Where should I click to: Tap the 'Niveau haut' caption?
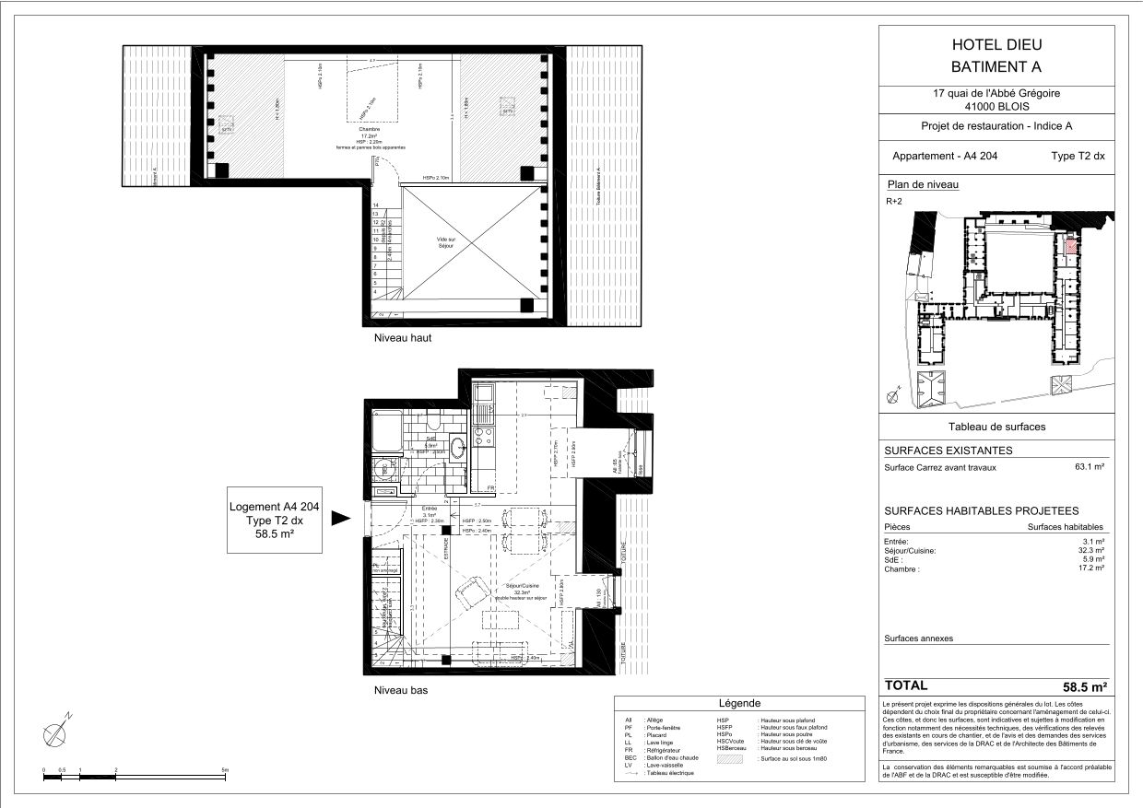pyautogui.click(x=402, y=338)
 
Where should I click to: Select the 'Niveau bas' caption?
pyautogui.click(x=400, y=690)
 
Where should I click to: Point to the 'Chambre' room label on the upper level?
pyautogui.click(x=370, y=130)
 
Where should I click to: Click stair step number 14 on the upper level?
pyautogui.click(x=376, y=205)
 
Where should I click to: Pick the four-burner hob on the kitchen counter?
pyautogui.click(x=483, y=433)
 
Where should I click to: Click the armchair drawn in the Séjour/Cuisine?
pyautogui.click(x=469, y=591)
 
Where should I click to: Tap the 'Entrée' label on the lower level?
pyautogui.click(x=429, y=508)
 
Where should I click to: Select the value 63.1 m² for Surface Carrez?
pyautogui.click(x=1090, y=467)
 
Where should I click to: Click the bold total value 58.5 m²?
pyautogui.click(x=1084, y=686)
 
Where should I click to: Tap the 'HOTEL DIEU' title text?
pyautogui.click(x=993, y=44)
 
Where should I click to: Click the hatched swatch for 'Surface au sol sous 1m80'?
pyautogui.click(x=735, y=757)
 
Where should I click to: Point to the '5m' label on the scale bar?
pyautogui.click(x=225, y=769)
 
